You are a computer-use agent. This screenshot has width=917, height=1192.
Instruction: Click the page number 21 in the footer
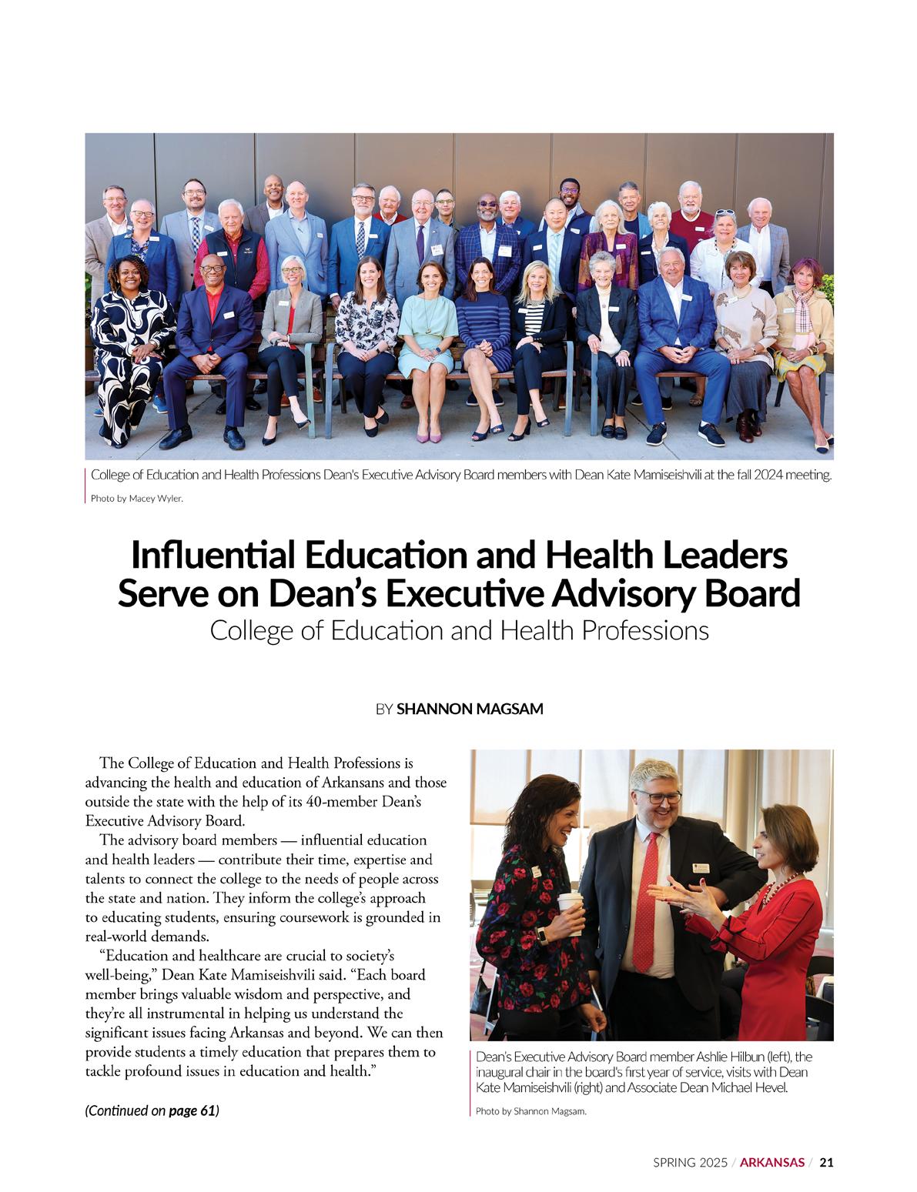tap(825, 1162)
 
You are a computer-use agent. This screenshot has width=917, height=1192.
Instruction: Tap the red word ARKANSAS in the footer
tap(772, 1162)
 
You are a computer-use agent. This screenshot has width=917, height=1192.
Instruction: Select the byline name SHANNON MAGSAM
tap(470, 709)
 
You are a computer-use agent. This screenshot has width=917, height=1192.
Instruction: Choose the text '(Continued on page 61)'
tap(152, 1110)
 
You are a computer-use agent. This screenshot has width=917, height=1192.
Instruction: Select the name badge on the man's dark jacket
tap(702, 868)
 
